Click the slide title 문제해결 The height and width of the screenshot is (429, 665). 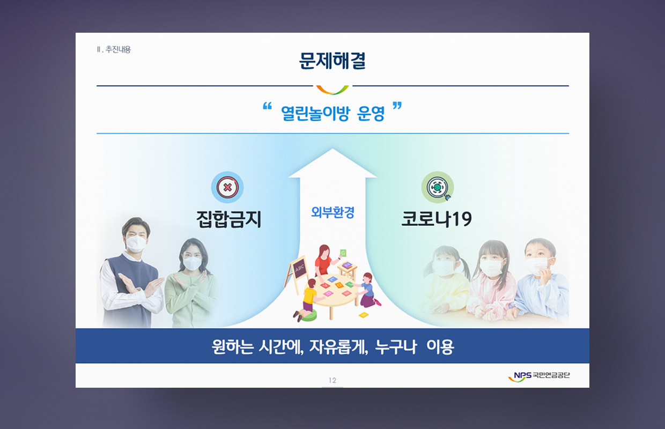coord(332,61)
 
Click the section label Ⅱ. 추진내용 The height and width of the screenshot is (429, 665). coord(114,49)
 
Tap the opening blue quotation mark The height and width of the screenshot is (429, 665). coord(267,106)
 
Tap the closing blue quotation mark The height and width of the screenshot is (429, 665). coord(397,106)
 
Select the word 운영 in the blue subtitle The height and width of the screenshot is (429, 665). coord(371,113)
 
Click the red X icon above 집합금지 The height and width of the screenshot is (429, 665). coord(227,187)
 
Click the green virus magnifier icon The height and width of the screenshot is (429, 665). coord(438,187)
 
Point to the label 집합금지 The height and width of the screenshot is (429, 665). coord(228,219)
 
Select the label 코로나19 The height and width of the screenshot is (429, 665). coord(437,219)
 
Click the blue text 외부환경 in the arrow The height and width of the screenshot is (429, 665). coord(332,212)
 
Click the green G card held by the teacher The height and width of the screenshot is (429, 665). coord(343,253)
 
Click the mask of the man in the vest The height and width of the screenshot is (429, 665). coord(136,243)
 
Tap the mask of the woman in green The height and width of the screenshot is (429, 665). coord(193,263)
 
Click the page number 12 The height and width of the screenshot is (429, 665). coord(332,380)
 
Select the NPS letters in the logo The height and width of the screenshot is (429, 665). coord(522,375)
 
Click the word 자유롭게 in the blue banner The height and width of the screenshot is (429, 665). coord(339,346)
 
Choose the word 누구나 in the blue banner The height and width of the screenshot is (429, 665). coord(396,346)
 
